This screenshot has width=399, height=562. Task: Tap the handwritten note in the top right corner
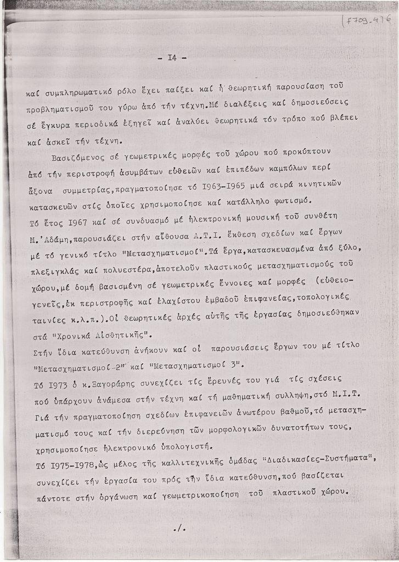pyautogui.click(x=366, y=21)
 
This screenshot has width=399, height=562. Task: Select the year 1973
pyautogui.click(x=54, y=385)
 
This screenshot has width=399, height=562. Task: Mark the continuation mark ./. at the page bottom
pyautogui.click(x=179, y=528)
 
